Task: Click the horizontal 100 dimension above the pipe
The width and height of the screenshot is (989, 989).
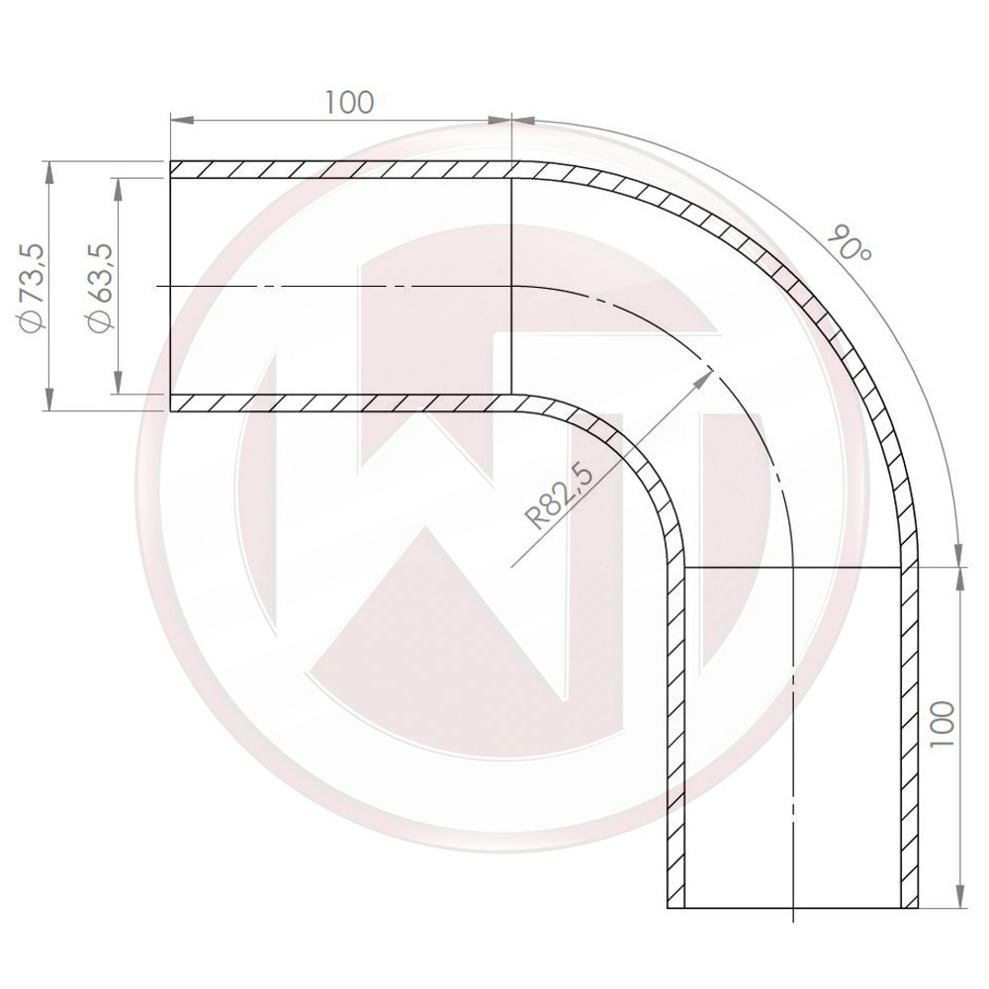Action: [348, 102]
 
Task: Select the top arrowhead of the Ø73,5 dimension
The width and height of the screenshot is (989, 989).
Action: [49, 168]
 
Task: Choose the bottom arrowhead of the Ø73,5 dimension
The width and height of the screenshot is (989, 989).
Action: [49, 404]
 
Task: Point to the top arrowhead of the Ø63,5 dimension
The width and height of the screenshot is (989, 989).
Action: [118, 185]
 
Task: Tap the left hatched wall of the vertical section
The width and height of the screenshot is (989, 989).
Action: [676, 732]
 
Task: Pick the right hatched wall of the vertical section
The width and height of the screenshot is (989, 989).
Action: [910, 732]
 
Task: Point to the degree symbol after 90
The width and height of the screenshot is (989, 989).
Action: [864, 255]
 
